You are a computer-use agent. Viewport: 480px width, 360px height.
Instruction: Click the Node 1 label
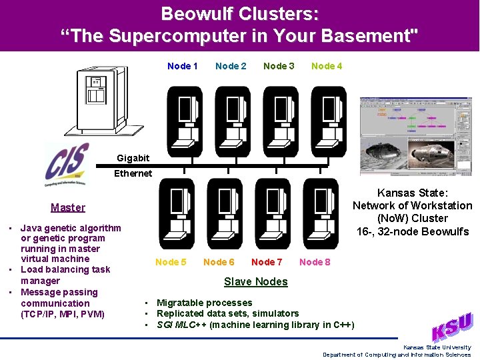click(182, 66)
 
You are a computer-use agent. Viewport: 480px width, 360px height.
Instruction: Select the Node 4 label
click(327, 66)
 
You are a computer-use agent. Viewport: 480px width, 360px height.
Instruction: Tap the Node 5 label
click(171, 262)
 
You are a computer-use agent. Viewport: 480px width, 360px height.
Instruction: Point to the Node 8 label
click(315, 262)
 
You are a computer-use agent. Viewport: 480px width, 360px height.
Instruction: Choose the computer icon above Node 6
click(225, 213)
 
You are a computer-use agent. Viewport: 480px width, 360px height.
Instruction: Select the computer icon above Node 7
click(273, 213)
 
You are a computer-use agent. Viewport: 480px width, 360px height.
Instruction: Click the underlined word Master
click(68, 207)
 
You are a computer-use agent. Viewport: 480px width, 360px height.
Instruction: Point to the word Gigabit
click(133, 158)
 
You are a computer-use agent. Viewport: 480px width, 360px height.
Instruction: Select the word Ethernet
click(133, 173)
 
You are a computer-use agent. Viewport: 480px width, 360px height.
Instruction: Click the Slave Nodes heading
click(256, 281)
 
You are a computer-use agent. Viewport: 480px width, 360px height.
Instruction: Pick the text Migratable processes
click(204, 303)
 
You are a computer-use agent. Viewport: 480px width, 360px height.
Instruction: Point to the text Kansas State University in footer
click(437, 347)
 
